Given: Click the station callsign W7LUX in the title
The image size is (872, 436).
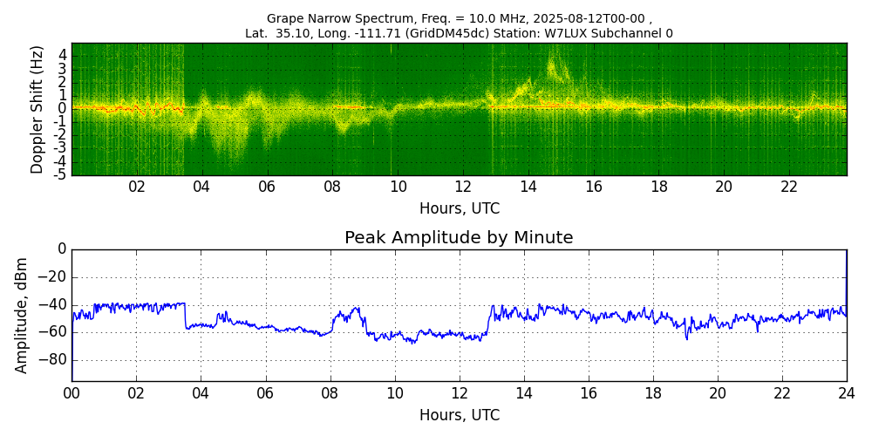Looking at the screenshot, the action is (570, 33).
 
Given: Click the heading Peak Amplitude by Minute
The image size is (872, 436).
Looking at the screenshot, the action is (459, 238).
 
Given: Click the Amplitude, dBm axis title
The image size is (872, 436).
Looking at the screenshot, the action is (21, 315).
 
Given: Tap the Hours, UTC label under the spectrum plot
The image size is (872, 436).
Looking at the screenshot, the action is (460, 209).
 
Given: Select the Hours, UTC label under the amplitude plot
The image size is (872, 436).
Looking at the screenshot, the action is (460, 415).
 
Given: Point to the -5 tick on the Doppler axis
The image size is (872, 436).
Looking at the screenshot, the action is (61, 174).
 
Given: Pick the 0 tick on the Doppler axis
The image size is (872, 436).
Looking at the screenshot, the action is (64, 108).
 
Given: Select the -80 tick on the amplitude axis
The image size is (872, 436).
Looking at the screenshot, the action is (56, 360).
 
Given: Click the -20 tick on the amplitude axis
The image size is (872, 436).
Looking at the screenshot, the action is (56, 277).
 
